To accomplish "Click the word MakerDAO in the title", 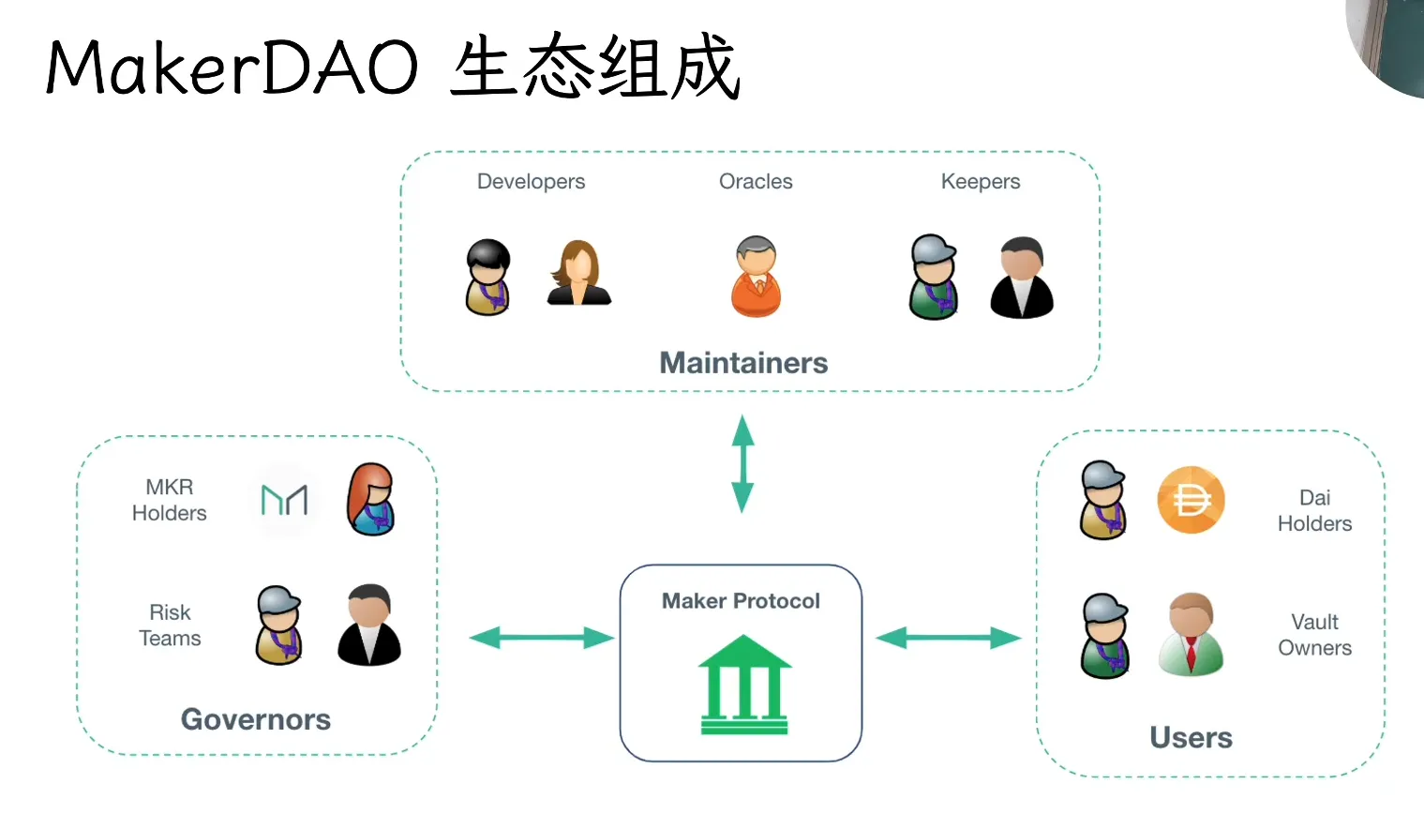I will tap(232, 68).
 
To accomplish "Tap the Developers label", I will tap(531, 181).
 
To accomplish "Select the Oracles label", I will tap(756, 181).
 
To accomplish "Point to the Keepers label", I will tap(981, 181).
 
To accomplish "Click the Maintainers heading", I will tap(743, 363).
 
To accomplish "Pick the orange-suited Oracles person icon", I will tap(756, 277).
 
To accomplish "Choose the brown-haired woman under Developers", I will tap(578, 274).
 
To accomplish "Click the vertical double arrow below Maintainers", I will tap(742, 463).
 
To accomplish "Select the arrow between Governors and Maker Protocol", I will tap(541, 639).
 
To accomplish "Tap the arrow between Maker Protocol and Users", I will tap(948, 639).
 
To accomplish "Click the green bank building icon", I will tap(744, 685).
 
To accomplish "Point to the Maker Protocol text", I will tap(741, 601).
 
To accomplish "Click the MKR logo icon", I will tap(284, 500).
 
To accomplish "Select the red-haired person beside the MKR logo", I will tap(371, 499).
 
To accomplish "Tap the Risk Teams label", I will tap(170, 626).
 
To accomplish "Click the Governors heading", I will tap(256, 719).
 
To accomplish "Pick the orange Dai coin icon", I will tap(1191, 501).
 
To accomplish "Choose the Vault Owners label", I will tap(1314, 635).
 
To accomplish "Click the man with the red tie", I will tap(1191, 634).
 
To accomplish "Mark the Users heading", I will tap(1191, 738).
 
